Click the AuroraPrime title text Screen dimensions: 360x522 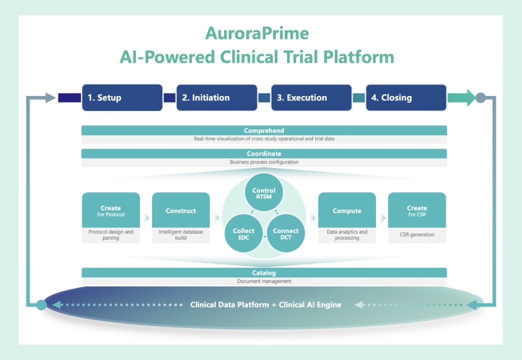coord(257,33)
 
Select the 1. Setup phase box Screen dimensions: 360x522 coord(122,97)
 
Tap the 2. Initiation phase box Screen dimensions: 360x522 coord(216,97)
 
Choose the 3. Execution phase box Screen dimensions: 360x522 coord(311,97)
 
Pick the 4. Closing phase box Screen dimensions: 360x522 coord(406,97)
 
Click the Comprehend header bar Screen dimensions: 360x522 coord(264,130)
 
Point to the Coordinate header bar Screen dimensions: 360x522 coord(264,153)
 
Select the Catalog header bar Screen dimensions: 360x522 coord(264,273)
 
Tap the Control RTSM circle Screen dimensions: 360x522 coord(264,193)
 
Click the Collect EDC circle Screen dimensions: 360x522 coord(243,233)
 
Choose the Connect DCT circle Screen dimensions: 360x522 coord(285,233)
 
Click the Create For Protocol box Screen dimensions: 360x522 coord(110,210)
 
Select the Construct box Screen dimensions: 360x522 coord(180,210)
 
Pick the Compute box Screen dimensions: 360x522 coord(346,210)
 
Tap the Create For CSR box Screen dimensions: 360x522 coord(417,210)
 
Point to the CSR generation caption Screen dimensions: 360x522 coord(417,234)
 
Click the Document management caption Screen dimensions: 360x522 coord(264,281)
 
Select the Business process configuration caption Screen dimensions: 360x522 coord(264,162)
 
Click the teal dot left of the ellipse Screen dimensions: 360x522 coord(42,304)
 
